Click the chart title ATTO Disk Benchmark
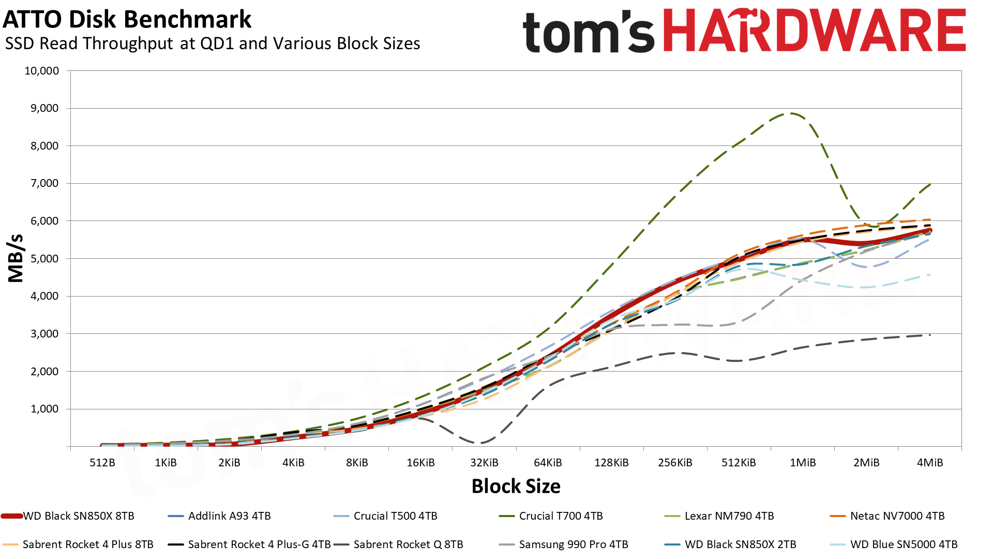[x=127, y=20]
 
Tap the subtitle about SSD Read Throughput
[x=213, y=43]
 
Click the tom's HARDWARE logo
[x=744, y=31]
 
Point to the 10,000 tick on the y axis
[x=42, y=71]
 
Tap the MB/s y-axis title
[x=16, y=258]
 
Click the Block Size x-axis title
[x=516, y=487]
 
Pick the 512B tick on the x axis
[x=102, y=463]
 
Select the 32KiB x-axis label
[x=484, y=463]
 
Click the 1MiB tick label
[x=803, y=463]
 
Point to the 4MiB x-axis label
[x=930, y=463]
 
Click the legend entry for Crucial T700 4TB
[x=551, y=516]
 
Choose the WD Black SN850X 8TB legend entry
[x=68, y=516]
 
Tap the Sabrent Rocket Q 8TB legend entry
[x=398, y=545]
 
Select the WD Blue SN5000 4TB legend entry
[x=894, y=545]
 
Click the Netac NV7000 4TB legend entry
[x=887, y=516]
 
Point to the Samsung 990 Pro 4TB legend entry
[x=563, y=545]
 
